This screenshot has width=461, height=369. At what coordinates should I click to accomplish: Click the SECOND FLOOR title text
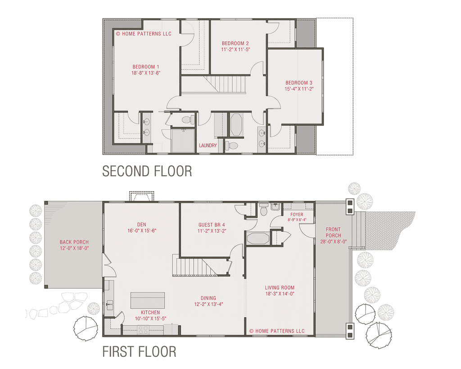click(x=147, y=171)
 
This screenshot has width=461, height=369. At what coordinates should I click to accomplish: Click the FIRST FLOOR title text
click(x=139, y=351)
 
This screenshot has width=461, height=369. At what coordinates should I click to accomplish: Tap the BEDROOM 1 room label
click(x=145, y=67)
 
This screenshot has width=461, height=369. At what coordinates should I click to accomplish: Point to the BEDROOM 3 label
click(x=299, y=83)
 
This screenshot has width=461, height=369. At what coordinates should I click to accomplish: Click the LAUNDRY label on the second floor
click(x=208, y=146)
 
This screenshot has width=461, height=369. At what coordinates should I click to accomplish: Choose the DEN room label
click(x=141, y=224)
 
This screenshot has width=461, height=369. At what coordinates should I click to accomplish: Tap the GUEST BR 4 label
click(x=212, y=225)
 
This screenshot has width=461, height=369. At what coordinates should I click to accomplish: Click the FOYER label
click(x=297, y=214)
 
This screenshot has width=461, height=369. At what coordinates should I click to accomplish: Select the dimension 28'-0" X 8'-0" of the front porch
click(x=333, y=241)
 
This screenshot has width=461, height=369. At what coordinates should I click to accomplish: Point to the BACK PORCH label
click(x=74, y=242)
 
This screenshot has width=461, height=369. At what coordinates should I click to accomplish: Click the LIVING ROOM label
click(x=280, y=287)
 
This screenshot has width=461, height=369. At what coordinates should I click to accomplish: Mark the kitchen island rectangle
click(x=147, y=300)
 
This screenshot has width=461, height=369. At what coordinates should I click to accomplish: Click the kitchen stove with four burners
click(x=143, y=330)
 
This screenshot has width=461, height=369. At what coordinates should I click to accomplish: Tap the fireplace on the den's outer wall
click(x=142, y=196)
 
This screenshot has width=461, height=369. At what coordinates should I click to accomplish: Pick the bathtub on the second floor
click(x=236, y=124)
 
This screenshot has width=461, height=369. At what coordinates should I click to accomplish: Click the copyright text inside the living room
click(x=277, y=331)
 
